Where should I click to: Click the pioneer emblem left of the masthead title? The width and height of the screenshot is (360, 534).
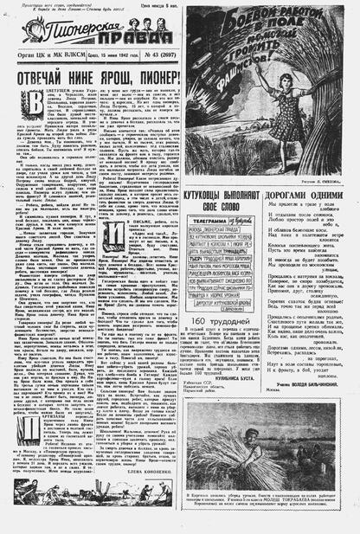tap(29, 34)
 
